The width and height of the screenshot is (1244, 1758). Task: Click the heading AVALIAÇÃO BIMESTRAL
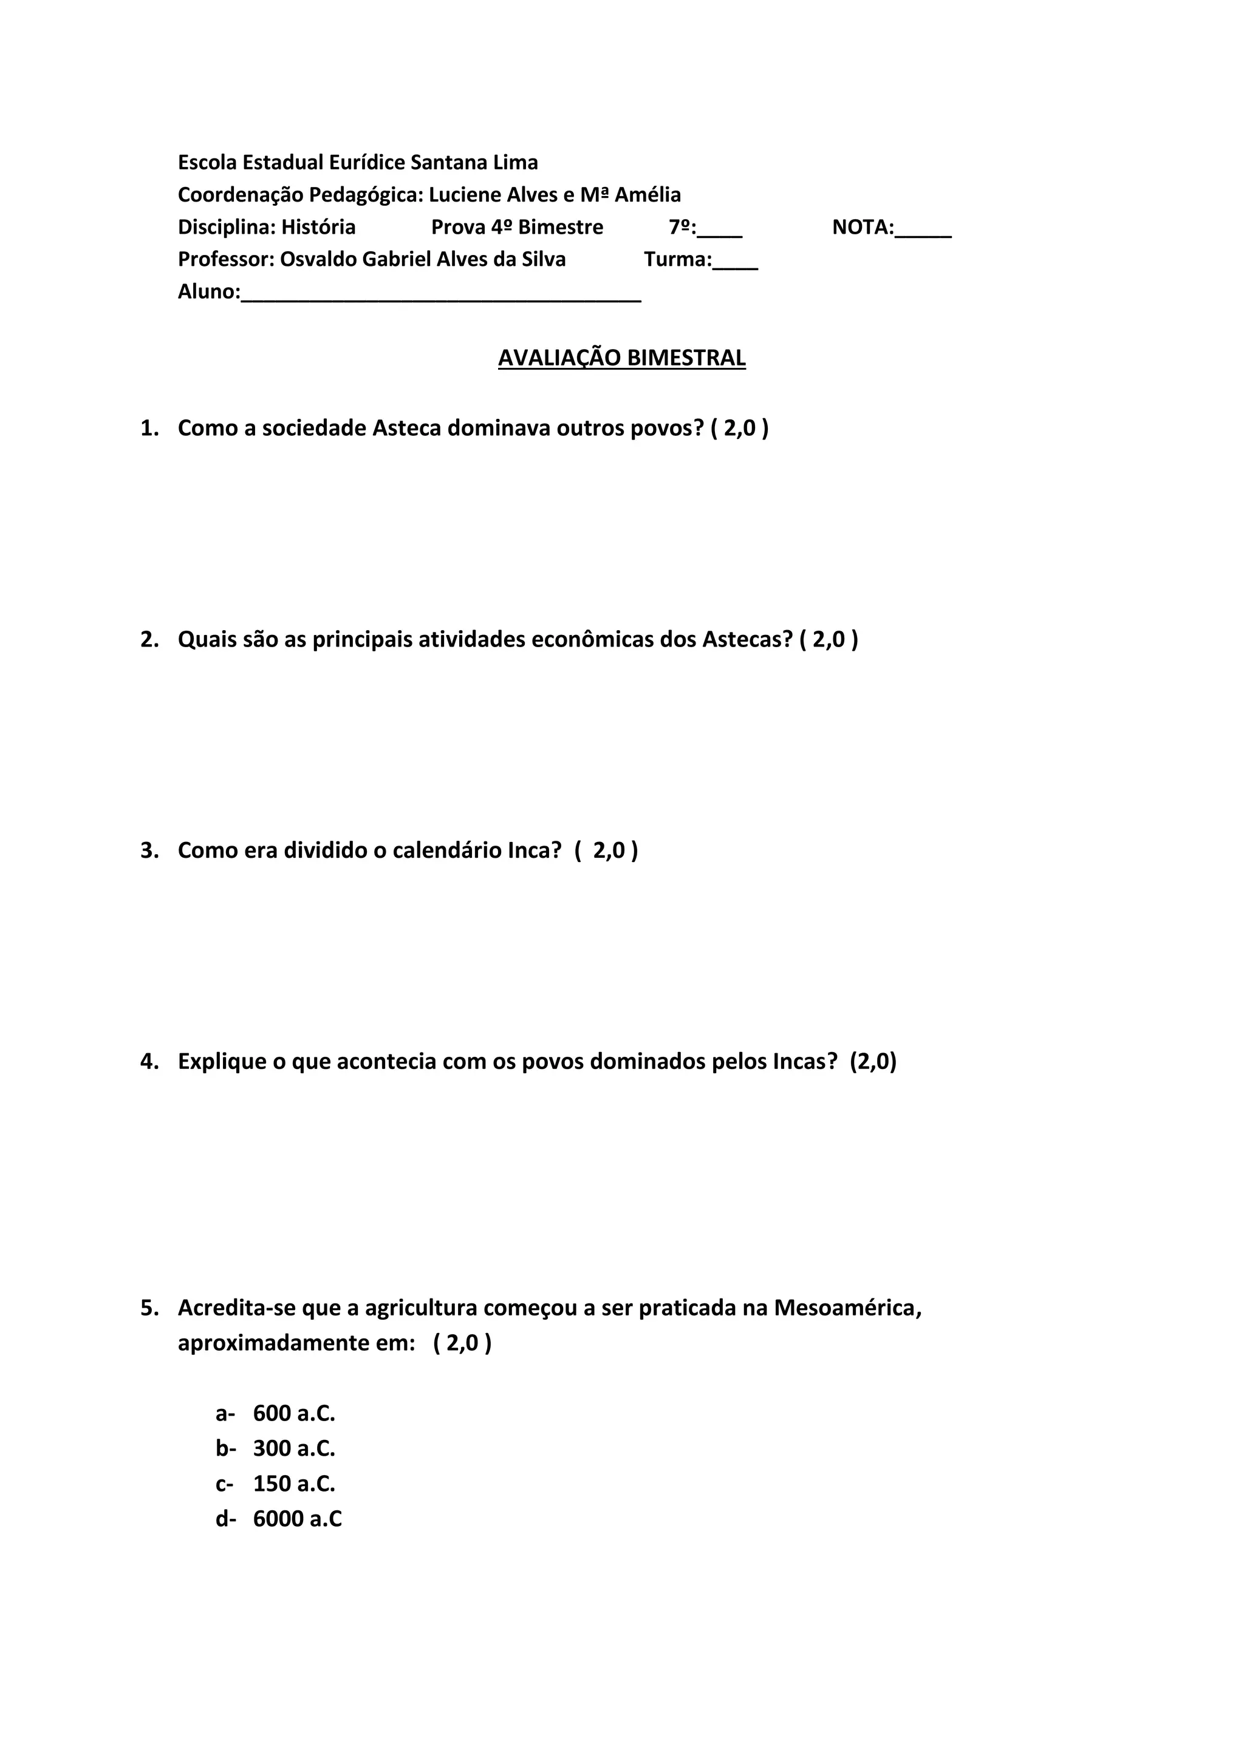tap(621, 358)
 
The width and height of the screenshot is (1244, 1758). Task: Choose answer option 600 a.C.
tap(294, 1413)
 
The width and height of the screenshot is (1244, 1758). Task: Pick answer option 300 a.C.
tap(294, 1448)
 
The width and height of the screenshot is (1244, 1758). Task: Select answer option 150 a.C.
tap(294, 1484)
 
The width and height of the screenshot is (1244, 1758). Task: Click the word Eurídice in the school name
tap(367, 162)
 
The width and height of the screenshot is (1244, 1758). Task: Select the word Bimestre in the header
tap(561, 228)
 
